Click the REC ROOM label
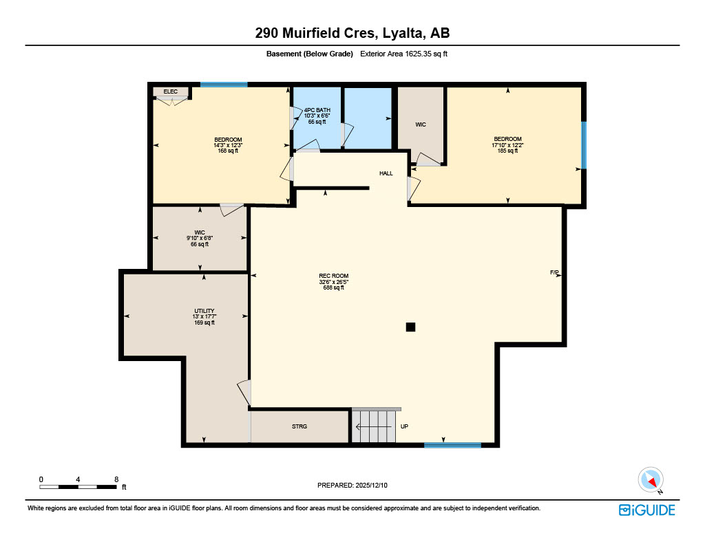(333, 276)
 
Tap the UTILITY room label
(204, 311)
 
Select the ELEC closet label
(170, 91)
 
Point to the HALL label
(386, 173)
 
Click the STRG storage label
(299, 426)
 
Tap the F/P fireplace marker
(554, 273)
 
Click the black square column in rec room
(410, 327)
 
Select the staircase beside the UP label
(375, 426)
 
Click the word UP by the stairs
(404, 426)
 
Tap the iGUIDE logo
(646, 510)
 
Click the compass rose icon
(650, 479)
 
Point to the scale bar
(78, 486)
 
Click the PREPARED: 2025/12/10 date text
(352, 485)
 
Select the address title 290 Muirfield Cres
(352, 32)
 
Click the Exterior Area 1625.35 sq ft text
(404, 54)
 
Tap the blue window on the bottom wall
(452, 445)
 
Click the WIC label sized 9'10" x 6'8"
(200, 238)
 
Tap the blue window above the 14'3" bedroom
(224, 85)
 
